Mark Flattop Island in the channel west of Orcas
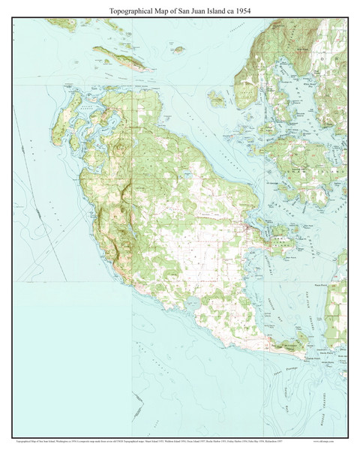click(x=217, y=97)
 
